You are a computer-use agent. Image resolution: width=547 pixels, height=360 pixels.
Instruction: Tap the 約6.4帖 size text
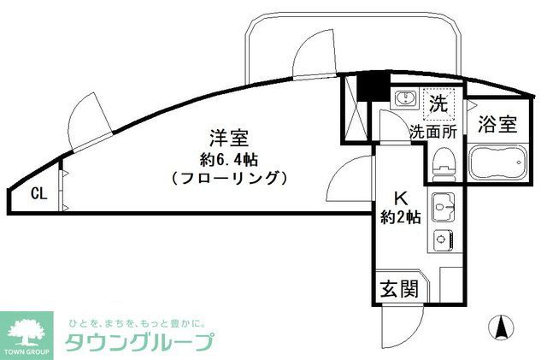228,158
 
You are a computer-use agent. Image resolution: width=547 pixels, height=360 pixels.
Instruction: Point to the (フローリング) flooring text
227,179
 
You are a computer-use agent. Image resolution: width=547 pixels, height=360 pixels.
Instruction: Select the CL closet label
38,192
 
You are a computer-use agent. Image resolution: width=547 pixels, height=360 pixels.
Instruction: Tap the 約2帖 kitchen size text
399,217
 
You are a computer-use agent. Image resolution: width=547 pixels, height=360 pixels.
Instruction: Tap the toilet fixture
443,163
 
